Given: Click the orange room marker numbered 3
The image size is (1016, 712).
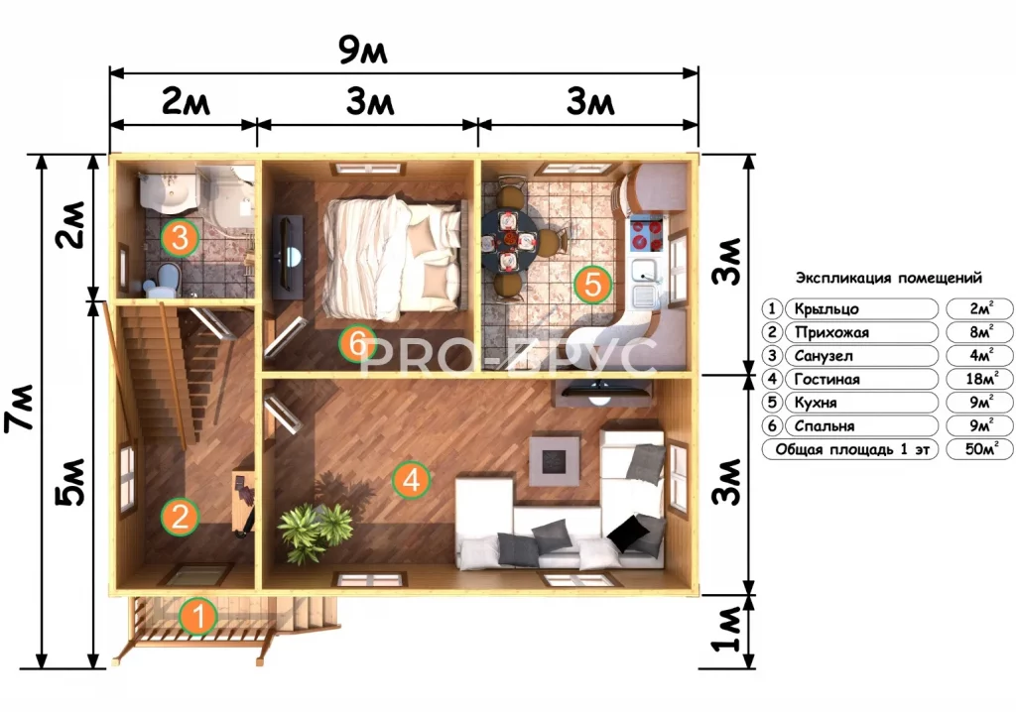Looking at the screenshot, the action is pos(181,237).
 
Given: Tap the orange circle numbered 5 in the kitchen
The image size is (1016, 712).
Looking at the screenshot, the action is pos(592,284).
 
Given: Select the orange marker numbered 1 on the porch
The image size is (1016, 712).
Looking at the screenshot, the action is pos(198,616).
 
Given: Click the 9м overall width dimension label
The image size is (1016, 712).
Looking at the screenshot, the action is pos(363,51).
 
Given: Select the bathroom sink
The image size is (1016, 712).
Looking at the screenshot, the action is pos(170,191).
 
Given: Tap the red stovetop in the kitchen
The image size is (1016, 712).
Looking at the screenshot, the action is pos(646,235).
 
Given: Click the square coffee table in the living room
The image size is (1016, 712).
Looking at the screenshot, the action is pos(554,461).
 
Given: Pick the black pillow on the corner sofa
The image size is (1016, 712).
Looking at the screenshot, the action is pos(627,534).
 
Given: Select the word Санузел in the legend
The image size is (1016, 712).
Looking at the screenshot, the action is pos(823,356).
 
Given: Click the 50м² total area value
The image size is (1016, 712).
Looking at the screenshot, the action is pos(981,449).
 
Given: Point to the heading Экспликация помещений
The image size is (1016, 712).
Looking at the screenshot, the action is pos(888,278).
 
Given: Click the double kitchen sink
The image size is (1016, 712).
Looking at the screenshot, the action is pos(644,284).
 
